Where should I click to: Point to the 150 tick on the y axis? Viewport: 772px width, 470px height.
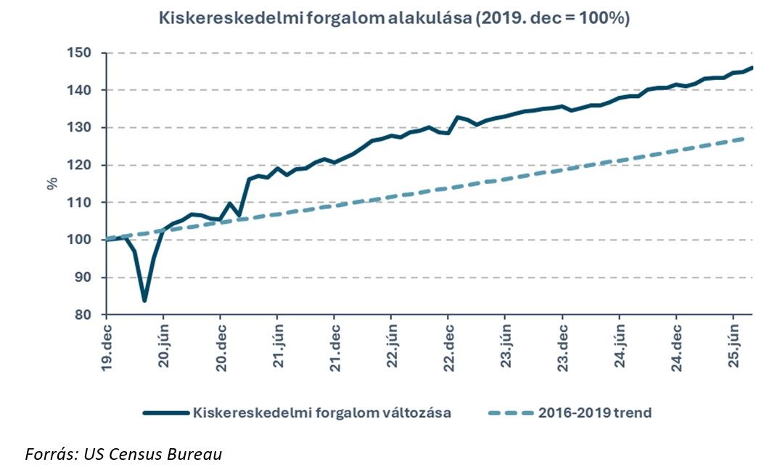81,53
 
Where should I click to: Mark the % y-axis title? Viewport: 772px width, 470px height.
52,183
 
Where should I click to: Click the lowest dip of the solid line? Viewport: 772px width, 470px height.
144,300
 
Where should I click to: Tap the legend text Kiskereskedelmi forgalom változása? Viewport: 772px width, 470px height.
322,413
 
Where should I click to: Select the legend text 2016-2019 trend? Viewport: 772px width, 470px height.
595,413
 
